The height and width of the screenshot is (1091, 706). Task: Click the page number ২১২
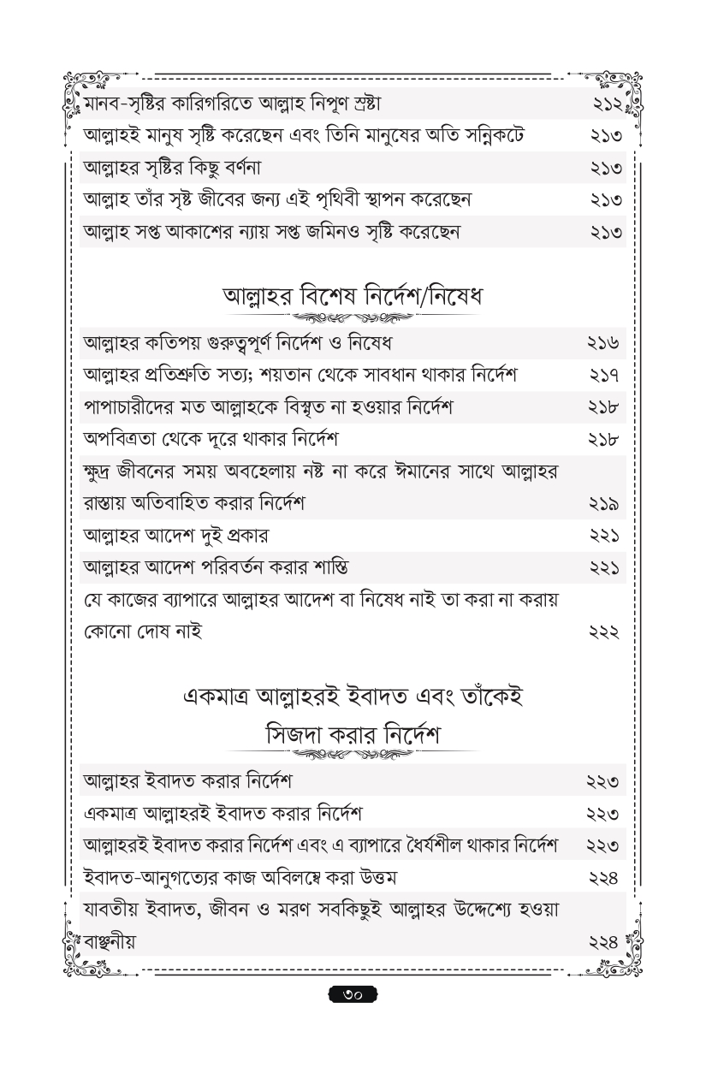(605, 104)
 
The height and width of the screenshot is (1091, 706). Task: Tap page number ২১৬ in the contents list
(605, 343)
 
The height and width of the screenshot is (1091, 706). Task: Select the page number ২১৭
(605, 376)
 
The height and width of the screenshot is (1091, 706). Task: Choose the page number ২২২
(605, 632)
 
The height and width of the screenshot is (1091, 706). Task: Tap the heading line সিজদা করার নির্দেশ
(353, 734)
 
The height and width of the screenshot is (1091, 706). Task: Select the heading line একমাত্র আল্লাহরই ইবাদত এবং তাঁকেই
(353, 697)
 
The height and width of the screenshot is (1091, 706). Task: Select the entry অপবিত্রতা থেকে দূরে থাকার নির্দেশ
(210, 440)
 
